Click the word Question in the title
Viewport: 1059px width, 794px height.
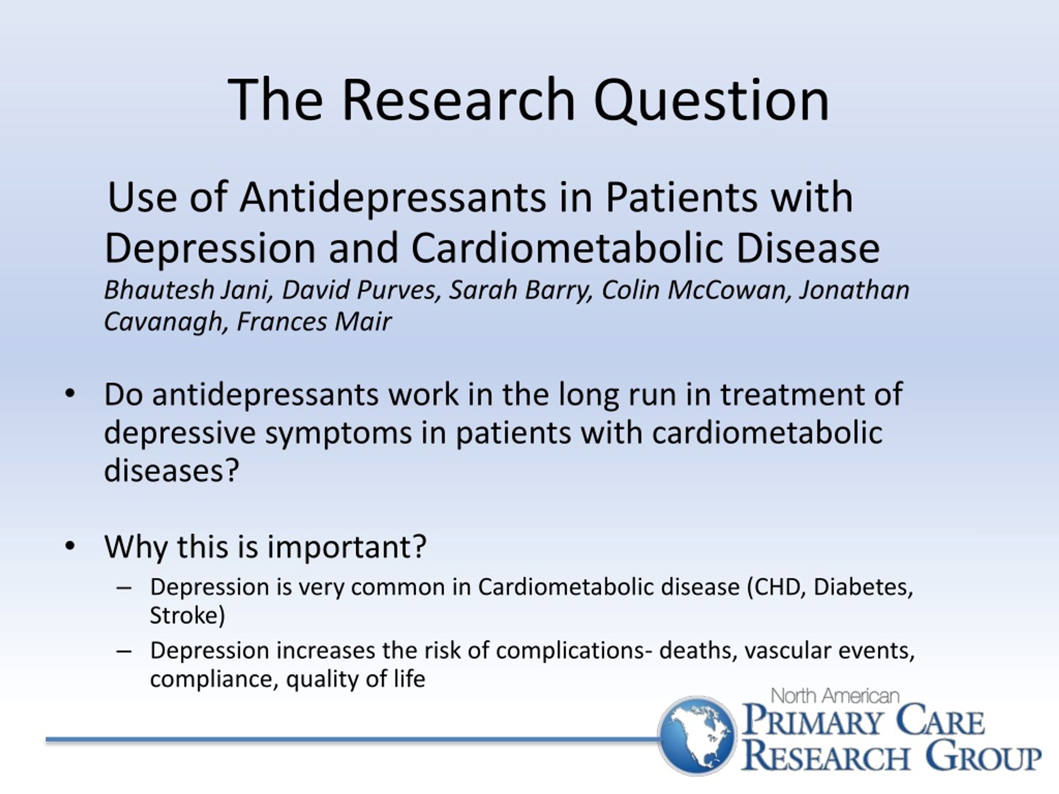pos(711,101)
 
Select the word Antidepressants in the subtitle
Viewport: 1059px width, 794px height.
pos(393,198)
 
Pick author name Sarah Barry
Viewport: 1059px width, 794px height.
pos(520,290)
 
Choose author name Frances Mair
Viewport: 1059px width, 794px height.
pos(314,321)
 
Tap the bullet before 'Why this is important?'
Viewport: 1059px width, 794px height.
pos(70,546)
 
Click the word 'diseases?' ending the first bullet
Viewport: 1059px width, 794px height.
pos(171,471)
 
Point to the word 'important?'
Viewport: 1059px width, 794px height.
pos(347,547)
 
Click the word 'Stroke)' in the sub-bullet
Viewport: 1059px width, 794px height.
pos(187,615)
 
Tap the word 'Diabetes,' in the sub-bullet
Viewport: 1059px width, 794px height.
pos(863,587)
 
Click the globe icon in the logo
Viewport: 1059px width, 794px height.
pos(697,735)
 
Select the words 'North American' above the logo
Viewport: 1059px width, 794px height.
pos(835,696)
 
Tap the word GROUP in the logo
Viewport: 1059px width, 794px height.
pos(983,756)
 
